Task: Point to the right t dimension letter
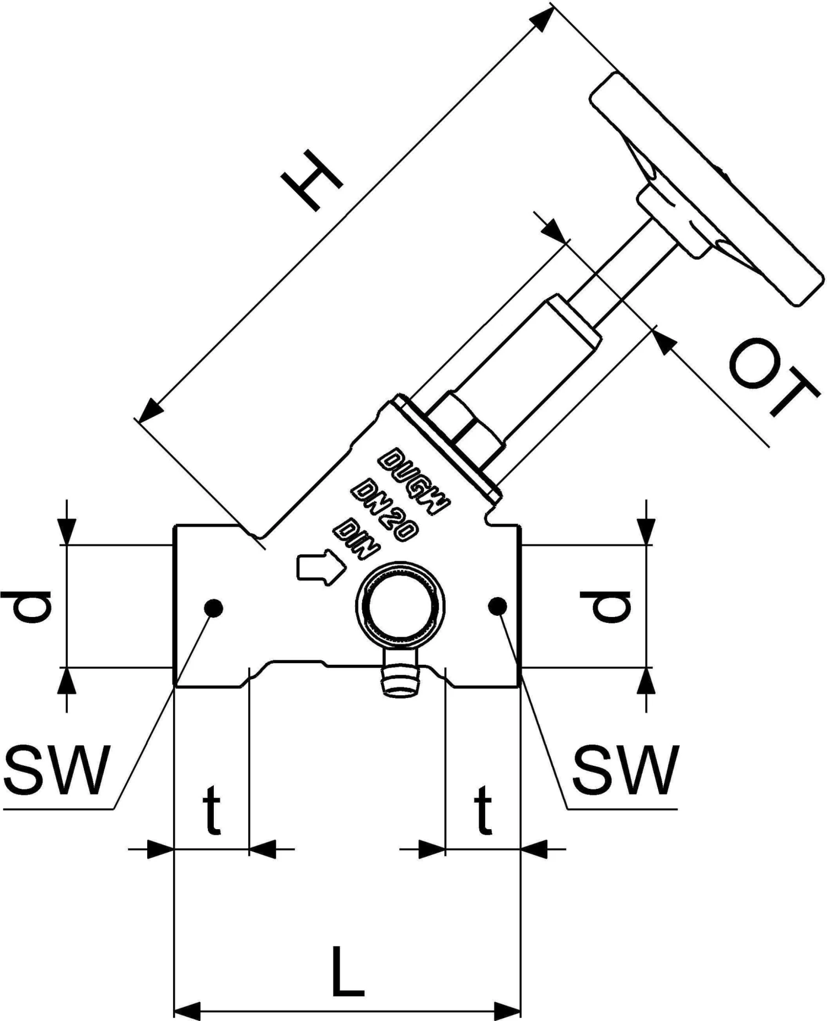click(482, 811)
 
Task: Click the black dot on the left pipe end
click(213, 608)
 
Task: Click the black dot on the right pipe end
click(497, 606)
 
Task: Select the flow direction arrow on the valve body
click(320, 567)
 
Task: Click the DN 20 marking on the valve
click(385, 510)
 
